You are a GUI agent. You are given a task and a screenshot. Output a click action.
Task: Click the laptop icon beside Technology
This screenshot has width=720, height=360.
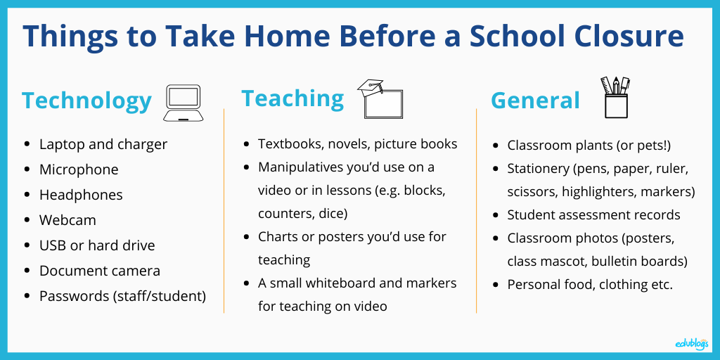pos(184,103)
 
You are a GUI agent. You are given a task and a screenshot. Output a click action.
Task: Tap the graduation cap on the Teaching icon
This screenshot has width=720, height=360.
pos(370,87)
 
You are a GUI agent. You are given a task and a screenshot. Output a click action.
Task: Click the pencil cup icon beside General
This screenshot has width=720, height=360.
pos(616,97)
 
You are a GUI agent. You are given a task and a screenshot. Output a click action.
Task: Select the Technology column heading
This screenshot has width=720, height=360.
pos(86,101)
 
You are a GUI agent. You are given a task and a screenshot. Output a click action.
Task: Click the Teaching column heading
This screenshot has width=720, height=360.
pos(292,98)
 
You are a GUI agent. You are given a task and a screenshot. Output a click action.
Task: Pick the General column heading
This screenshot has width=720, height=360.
pos(535,100)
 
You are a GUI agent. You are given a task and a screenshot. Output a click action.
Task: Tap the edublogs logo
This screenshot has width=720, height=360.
pos(692,343)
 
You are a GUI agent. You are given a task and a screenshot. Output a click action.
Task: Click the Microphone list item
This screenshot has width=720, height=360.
pos(79,169)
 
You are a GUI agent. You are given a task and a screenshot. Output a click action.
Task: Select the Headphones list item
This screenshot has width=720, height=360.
pos(81,195)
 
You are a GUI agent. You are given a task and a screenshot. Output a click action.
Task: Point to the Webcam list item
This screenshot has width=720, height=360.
pos(68,220)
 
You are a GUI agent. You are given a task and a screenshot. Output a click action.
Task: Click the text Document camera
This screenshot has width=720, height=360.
pos(100,271)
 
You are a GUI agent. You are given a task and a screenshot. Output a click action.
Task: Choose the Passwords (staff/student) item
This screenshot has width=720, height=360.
pos(122,296)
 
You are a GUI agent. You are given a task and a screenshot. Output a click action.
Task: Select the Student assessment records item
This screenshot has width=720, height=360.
pos(593,215)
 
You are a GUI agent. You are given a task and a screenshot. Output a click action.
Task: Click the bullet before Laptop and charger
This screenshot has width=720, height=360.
pos(27,144)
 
